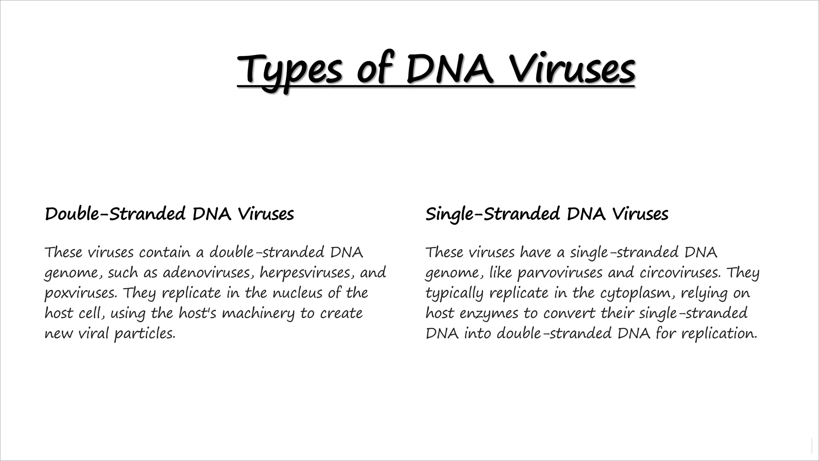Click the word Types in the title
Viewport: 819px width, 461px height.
290,69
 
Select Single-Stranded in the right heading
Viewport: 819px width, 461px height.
492,214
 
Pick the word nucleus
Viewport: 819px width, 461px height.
298,293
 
